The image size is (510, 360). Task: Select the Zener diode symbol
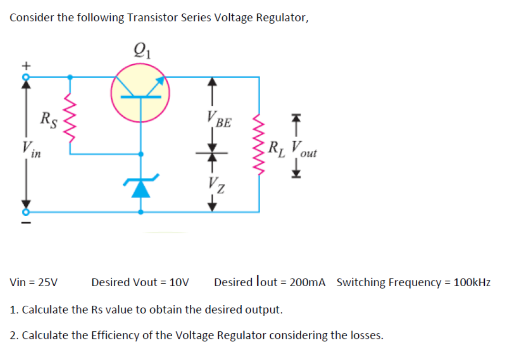point(140,187)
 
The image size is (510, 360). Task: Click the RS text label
point(49,120)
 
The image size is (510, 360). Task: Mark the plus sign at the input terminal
point(27,63)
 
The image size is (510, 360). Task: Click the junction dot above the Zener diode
point(140,154)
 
